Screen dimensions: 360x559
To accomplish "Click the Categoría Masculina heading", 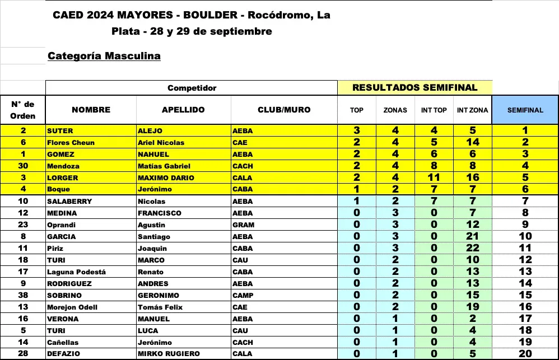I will click(104, 56).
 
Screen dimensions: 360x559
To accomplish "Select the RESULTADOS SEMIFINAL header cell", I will click(414, 87).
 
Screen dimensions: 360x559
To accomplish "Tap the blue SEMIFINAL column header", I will click(525, 110).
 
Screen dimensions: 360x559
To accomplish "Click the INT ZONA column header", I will click(472, 110).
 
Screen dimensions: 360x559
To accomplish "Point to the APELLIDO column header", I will click(183, 110).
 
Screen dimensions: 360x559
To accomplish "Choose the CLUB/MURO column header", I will click(283, 110).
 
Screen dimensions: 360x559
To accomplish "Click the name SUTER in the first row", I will click(60, 131).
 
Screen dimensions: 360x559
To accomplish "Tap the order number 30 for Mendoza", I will click(23, 166).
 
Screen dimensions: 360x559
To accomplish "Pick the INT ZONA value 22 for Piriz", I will click(472, 248).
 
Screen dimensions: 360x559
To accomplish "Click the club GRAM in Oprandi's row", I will click(243, 225).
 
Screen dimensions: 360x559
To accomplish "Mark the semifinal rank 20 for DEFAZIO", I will click(525, 354).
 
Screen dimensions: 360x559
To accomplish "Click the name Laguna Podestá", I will click(76, 272).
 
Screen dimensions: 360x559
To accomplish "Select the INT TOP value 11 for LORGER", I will click(434, 177).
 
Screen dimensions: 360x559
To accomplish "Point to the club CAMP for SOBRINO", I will click(243, 295).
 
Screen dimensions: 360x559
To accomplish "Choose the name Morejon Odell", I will click(72, 307).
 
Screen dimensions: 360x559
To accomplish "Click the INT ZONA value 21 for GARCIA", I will click(472, 236).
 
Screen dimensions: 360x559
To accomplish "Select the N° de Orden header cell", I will click(23, 110).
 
